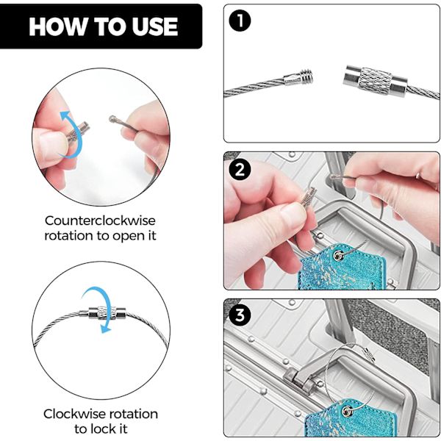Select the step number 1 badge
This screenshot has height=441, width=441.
[x=240, y=21]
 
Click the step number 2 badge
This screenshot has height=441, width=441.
[x=240, y=170]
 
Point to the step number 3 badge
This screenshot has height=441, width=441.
[x=240, y=315]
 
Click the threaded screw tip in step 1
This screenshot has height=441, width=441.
[x=306, y=76]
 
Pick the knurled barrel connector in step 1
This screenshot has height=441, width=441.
[x=375, y=80]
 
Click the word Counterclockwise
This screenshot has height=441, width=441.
[x=100, y=220]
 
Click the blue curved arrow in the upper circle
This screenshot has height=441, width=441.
[x=74, y=135]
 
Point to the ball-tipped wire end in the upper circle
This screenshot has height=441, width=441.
[x=112, y=118]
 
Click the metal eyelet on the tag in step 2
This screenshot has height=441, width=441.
[x=338, y=255]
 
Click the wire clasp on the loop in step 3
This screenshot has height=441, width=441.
[x=369, y=354]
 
